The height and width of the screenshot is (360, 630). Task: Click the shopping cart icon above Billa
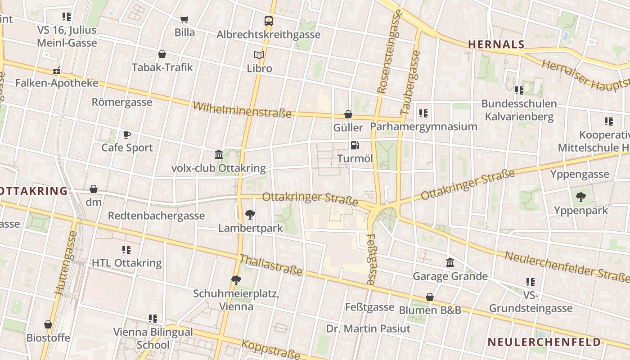pos(184,19)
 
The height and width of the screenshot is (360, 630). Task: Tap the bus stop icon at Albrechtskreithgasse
pos(269,21)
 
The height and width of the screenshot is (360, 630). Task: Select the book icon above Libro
pos(259,55)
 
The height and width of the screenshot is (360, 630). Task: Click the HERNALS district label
pos(496,44)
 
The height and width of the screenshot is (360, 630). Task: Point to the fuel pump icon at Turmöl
pos(355,145)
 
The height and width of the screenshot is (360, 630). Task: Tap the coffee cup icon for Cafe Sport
pos(127,135)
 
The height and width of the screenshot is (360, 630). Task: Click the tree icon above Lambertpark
pos(250,215)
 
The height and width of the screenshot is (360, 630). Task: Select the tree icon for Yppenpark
pos(581,197)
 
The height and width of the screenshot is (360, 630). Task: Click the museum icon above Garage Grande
pos(450,262)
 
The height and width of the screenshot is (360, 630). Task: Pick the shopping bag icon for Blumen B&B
pos(430,297)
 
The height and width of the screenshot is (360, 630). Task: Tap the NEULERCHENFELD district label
pos(544,342)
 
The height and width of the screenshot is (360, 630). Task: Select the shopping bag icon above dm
pos(94,189)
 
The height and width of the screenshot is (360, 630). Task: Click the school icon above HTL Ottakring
pos(126,249)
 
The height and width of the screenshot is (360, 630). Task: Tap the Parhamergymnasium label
pos(423,126)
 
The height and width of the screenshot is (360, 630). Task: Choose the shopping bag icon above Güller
pos(348,114)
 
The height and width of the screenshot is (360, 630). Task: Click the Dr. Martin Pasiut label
pos(368,328)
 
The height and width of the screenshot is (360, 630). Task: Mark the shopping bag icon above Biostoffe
pos(48,324)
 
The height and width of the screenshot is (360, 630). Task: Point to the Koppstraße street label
pos(271,349)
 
